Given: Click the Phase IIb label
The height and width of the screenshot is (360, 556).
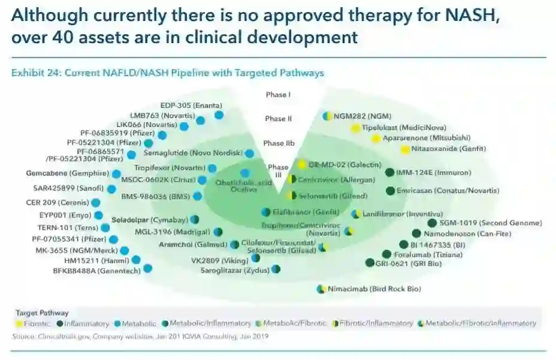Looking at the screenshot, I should pos(278,144).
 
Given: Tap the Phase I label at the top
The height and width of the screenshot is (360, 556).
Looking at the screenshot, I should pos(278,95).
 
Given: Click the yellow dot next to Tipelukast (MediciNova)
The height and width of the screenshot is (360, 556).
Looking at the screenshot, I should pos(356,128).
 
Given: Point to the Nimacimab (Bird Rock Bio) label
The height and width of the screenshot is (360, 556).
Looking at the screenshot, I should pos(374,289).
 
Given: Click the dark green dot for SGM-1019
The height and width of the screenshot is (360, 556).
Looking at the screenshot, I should pos(432,223).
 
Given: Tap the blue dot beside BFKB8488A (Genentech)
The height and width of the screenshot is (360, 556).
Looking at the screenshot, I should pos(147,268).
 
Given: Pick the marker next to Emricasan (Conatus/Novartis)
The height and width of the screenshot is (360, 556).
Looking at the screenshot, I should pos(391,191).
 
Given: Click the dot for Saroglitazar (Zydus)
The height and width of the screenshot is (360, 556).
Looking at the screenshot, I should pos(276,270).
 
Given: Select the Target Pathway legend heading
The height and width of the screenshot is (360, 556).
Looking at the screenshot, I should pos(42,313).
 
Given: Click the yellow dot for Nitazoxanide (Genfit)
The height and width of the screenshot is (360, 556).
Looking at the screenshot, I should pos(406,149).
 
